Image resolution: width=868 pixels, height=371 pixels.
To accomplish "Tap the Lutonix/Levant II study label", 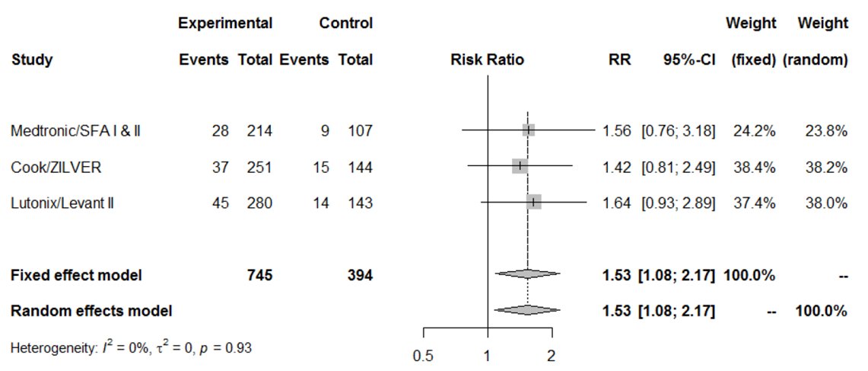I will click(62, 202).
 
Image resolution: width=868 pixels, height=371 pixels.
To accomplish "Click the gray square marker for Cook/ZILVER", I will click(520, 166).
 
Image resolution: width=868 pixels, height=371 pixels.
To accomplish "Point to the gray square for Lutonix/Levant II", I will click(534, 202).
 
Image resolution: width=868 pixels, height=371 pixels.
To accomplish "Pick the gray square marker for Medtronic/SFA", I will click(529, 130).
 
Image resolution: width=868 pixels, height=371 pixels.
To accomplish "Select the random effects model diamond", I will click(526, 310).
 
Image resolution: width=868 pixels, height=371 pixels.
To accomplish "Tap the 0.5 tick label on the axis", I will click(423, 356).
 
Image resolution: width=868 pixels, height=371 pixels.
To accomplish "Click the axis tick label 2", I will click(552, 356).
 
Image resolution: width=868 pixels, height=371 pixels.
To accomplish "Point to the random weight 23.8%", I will click(825, 131).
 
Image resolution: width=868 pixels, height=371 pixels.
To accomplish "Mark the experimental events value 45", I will click(220, 202).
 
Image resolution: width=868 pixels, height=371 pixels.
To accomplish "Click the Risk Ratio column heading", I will click(487, 59).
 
